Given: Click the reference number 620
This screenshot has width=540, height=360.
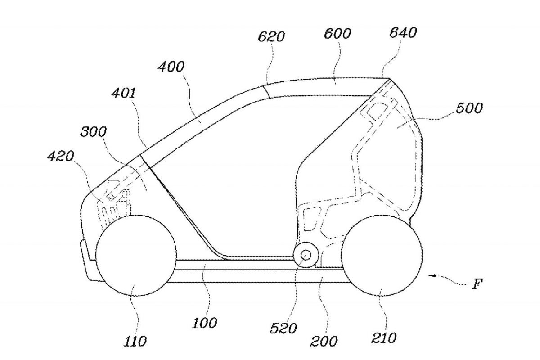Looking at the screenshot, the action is coord(271,36).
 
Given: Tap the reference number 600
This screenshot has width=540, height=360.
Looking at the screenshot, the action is coord(337,33).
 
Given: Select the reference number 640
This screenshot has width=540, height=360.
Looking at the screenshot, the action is coord(403,32).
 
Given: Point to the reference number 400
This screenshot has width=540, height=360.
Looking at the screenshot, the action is coord(171,66).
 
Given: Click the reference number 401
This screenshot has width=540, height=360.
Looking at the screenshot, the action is coord(124,93).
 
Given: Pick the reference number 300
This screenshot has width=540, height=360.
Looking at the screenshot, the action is coord(93,132).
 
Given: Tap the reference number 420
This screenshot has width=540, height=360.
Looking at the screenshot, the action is coord(60,156).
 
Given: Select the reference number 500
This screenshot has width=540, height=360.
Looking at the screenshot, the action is coord(469,108).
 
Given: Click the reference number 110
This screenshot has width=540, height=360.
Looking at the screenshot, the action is coord(135,341).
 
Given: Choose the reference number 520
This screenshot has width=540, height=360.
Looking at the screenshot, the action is coord(283,328).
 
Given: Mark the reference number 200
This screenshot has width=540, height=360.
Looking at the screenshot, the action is coord(324,341).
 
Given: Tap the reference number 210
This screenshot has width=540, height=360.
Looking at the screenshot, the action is coord(384,337).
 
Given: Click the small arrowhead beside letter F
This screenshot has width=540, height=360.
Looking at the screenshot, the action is coord(433,275).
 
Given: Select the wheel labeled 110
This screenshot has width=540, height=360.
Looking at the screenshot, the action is coord(136,255).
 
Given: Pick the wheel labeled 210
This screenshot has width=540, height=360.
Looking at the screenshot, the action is coord(382,255).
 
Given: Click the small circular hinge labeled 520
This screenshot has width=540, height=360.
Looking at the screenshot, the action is coord(306,255).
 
